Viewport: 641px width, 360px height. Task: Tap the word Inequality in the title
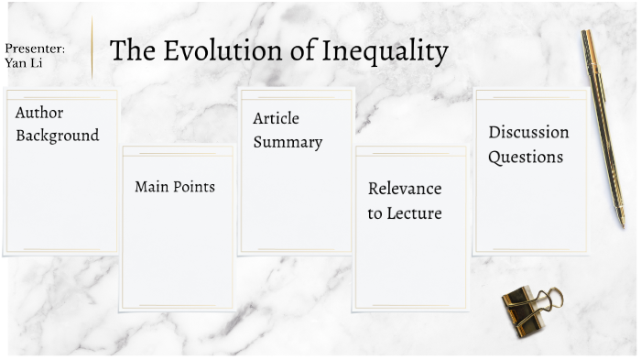coord(385,52)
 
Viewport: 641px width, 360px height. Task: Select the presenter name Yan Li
coord(24,63)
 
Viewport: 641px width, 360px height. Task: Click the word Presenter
coord(34,48)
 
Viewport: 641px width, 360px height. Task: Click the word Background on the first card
coord(57,136)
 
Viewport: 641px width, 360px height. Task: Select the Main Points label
coord(175,187)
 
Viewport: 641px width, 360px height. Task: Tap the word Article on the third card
coord(276,119)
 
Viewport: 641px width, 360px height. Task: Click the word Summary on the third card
coord(288,142)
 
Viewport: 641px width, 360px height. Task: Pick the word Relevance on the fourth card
coord(405,189)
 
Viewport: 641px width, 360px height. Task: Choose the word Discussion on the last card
coord(528,132)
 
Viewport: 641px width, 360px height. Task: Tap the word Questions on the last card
coord(525,157)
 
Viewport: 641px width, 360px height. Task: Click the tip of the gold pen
coord(622,223)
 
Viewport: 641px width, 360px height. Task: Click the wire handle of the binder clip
coord(550,299)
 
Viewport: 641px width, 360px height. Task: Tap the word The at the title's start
coord(129,51)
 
